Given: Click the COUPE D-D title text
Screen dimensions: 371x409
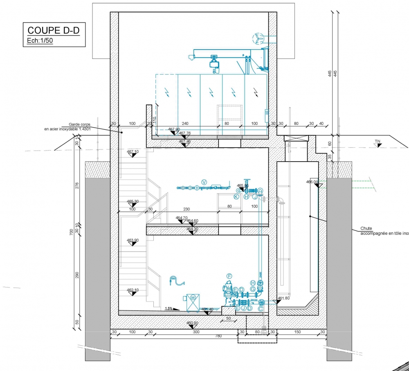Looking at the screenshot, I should (x=53, y=31).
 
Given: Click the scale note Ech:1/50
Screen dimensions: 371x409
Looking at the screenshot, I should (x=40, y=41).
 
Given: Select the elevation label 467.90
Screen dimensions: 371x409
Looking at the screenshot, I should (x=174, y=129).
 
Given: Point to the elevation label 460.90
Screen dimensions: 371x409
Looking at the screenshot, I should (x=192, y=323).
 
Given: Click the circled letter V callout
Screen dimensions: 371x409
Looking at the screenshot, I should (x=205, y=182).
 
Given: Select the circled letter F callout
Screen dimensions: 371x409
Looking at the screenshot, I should (x=229, y=276).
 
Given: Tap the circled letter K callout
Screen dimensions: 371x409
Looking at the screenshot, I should (x=236, y=197).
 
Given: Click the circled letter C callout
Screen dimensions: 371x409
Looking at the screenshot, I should (x=261, y=309).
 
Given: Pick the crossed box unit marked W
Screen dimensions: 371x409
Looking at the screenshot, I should (x=192, y=302).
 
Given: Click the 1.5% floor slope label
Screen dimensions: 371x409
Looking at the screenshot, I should (x=169, y=308).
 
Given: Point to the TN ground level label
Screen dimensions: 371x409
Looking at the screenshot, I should (x=378, y=142).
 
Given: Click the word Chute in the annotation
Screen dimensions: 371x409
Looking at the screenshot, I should (x=366, y=229).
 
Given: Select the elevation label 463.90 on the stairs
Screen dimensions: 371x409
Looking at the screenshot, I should (x=133, y=240).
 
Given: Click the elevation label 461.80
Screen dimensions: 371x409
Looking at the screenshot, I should (x=283, y=299).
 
